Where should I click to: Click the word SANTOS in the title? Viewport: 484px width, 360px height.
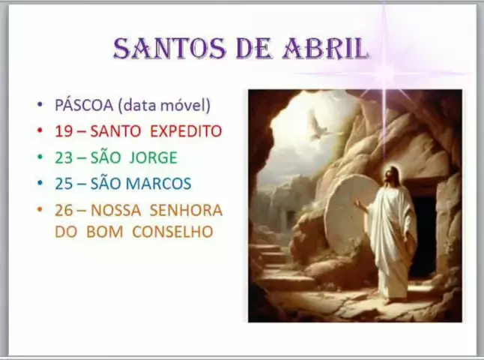coord(169,49)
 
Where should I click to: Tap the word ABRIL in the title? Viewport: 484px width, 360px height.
coord(326,49)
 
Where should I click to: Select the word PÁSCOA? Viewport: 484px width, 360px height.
coord(84,105)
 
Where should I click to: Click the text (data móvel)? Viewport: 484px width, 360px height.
coord(164,105)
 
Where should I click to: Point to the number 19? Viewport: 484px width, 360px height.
coord(64,131)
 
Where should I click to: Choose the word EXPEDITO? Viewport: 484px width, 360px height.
coord(186,131)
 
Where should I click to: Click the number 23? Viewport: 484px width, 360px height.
coord(64,157)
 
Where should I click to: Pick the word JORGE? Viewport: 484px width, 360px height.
coord(154,157)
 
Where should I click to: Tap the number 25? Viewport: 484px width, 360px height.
coord(64,184)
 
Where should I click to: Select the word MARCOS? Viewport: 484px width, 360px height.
coord(159,184)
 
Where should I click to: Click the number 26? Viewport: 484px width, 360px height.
coord(64,211)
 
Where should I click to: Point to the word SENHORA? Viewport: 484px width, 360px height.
coord(186,211)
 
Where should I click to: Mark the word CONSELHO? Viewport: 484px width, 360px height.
coord(172,232)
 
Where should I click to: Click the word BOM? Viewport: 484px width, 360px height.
coord(105,232)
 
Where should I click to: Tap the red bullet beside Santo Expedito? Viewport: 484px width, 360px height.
coord(40,130)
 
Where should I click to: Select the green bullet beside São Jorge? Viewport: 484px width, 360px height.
coord(40,157)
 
